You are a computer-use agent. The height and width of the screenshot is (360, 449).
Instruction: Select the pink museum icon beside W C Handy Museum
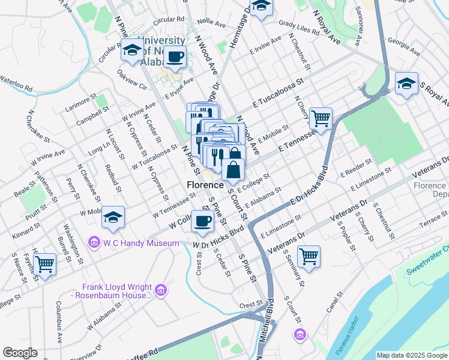point(94,243)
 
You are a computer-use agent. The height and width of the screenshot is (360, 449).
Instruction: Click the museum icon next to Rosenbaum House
point(160,291)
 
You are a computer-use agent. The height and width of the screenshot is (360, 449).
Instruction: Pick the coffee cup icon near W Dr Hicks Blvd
point(202,221)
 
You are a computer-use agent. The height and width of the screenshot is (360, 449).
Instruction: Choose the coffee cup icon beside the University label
point(175,56)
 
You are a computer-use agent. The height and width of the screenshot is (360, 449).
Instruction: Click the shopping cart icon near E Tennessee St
point(321,118)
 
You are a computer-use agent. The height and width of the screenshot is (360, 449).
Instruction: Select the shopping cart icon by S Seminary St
point(309,256)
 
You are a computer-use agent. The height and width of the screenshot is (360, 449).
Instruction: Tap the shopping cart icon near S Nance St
point(45,263)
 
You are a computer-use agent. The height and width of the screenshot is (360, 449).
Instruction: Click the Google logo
point(20,353)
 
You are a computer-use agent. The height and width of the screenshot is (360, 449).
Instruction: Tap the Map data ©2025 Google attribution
point(412,355)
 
